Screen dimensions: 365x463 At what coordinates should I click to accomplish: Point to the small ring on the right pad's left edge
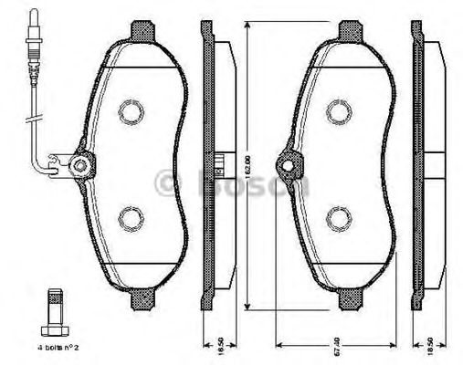(289, 167)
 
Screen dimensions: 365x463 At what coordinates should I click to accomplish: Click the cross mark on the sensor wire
(36, 119)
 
